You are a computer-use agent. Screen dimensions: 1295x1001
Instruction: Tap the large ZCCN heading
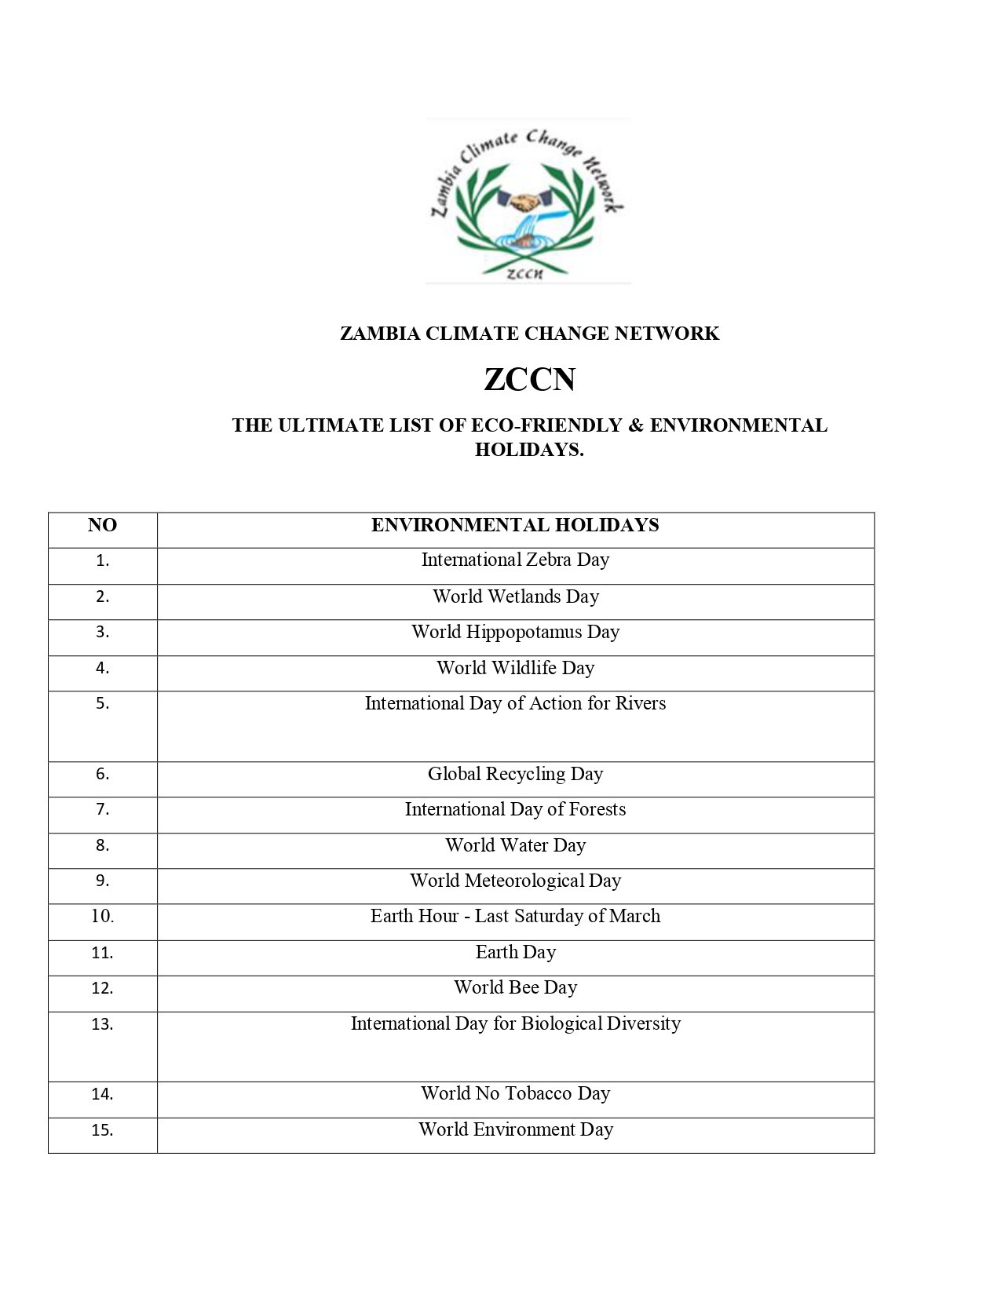click(x=529, y=380)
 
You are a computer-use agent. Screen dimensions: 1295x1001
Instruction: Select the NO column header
click(x=102, y=526)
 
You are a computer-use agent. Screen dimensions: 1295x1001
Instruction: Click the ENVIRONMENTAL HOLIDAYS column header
click(x=515, y=526)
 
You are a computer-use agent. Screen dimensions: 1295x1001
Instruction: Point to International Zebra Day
click(x=515, y=560)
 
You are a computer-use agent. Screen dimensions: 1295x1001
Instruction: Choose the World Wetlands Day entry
click(x=515, y=596)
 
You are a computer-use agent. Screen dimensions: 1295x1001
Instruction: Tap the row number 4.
click(x=102, y=669)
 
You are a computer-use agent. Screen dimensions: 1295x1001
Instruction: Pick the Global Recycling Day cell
click(x=515, y=775)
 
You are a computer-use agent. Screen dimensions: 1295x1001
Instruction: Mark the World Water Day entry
click(x=515, y=846)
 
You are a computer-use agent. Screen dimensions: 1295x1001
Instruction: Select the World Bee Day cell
click(x=515, y=988)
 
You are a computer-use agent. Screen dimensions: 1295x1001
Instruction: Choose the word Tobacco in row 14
click(x=539, y=1094)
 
